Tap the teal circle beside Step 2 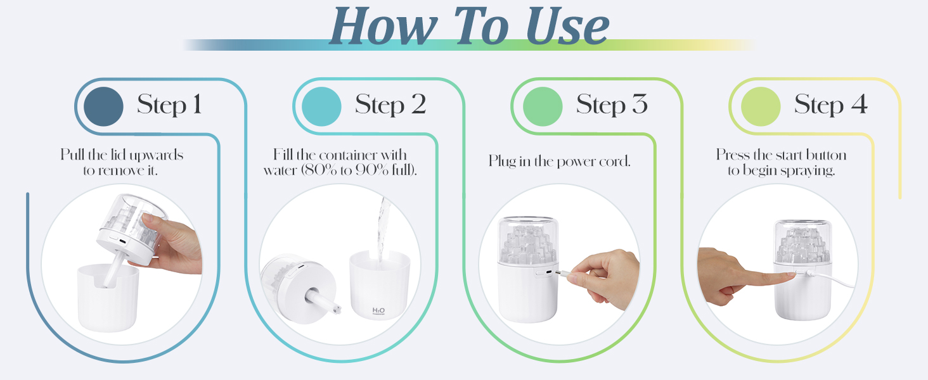[x=321, y=106]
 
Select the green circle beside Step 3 [x=542, y=106]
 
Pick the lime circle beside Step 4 [x=760, y=106]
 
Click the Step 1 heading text [x=169, y=105]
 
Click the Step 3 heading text [x=612, y=105]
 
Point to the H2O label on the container [x=378, y=310]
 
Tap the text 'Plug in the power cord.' [x=559, y=161]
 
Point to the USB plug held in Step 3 [x=560, y=274]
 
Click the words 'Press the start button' [x=781, y=155]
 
